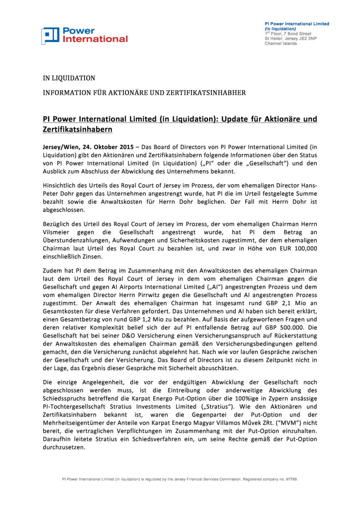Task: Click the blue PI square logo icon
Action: (x=50, y=36)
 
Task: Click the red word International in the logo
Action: (x=95, y=39)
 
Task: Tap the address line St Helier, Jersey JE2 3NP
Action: (x=290, y=39)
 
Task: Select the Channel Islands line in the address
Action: (x=280, y=43)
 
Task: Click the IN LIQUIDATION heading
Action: (x=69, y=78)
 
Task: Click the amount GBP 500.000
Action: (x=290, y=327)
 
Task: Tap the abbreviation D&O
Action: (x=130, y=335)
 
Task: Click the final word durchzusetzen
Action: (x=64, y=447)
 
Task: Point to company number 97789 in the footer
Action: (x=291, y=479)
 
